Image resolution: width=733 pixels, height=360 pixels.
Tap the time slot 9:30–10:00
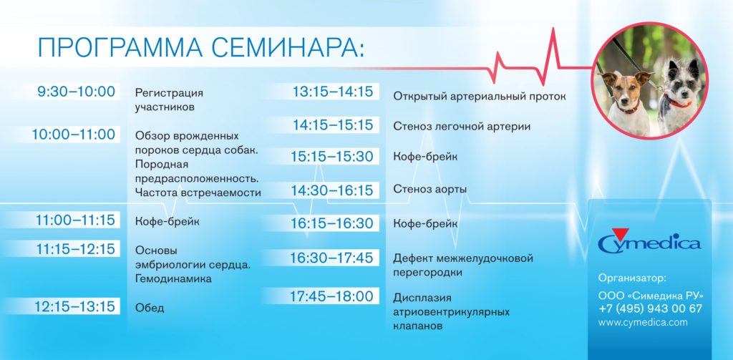click(x=77, y=92)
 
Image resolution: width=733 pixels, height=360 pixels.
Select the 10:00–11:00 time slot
click(x=73, y=135)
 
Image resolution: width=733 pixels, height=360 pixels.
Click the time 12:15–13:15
click(x=75, y=306)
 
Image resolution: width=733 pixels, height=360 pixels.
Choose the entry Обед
click(x=150, y=308)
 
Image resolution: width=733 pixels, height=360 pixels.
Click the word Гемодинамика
click(x=173, y=279)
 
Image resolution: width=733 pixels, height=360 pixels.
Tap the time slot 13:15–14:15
click(x=333, y=92)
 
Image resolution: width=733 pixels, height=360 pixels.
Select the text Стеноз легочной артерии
click(x=462, y=127)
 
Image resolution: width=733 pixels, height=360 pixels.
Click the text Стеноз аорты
click(x=430, y=189)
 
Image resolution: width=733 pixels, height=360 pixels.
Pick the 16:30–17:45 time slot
click(x=331, y=258)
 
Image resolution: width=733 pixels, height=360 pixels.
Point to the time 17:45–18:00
click(x=331, y=296)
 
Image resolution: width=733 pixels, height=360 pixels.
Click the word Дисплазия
click(x=422, y=298)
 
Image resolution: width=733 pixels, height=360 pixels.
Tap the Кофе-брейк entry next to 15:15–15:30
click(x=425, y=157)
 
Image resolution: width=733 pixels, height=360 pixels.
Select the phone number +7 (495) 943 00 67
click(x=650, y=308)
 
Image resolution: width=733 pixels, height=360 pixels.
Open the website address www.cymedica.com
click(x=643, y=323)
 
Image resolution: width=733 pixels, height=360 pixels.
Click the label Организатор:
click(x=632, y=277)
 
